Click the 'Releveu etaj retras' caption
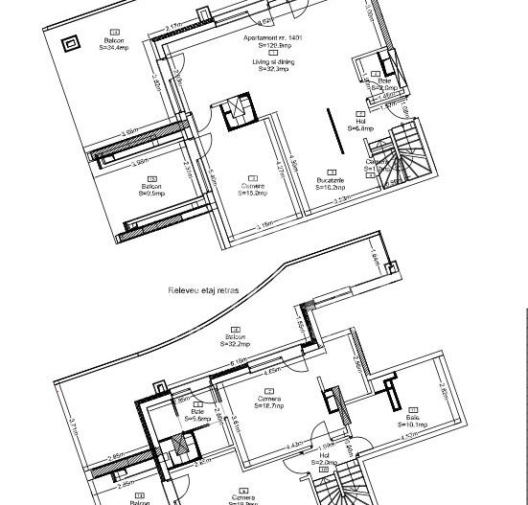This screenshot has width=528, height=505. tap(203, 290)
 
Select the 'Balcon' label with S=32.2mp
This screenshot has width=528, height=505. tap(236, 337)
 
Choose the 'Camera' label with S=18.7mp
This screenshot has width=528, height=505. tap(269, 400)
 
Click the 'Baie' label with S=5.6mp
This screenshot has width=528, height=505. tap(197, 413)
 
